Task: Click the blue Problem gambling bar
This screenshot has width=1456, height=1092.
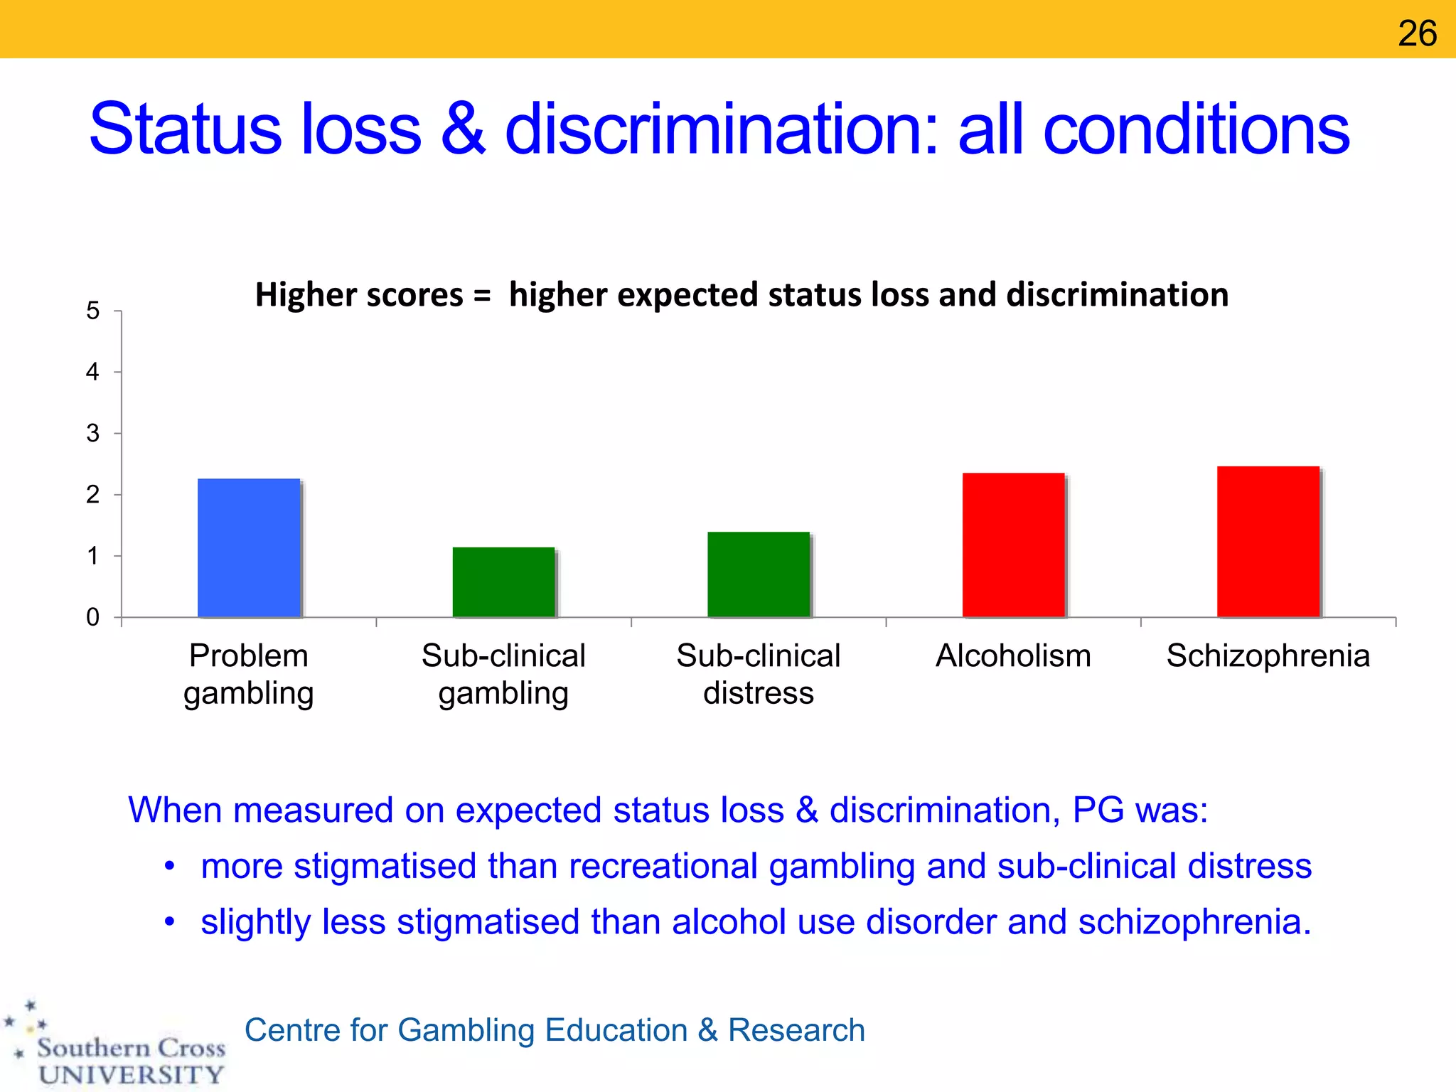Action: [x=249, y=548]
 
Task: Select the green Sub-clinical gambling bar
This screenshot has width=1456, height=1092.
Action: [x=503, y=582]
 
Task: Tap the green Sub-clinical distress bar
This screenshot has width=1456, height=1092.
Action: [x=759, y=574]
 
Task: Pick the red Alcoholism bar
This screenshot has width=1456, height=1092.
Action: [x=1013, y=545]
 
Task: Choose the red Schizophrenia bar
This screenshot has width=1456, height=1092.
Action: [x=1268, y=542]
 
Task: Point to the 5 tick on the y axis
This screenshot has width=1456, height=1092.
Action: [x=93, y=311]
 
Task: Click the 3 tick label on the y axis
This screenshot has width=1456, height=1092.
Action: [x=93, y=434]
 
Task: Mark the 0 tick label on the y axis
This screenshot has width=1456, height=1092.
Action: [x=93, y=617]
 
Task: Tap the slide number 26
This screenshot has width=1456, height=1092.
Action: [x=1417, y=33]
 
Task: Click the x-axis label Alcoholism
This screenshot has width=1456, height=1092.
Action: [x=1013, y=655]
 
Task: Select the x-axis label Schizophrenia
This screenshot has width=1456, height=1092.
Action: [x=1268, y=655]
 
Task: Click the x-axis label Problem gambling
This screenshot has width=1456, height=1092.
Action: [x=249, y=674]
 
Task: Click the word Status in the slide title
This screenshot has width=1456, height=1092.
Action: [x=186, y=129]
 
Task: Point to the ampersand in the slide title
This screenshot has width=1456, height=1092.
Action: [x=464, y=129]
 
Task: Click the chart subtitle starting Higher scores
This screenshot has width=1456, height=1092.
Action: [x=742, y=294]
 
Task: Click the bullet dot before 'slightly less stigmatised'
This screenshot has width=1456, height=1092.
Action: [x=169, y=922]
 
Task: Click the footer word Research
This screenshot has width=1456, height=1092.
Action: [x=796, y=1030]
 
